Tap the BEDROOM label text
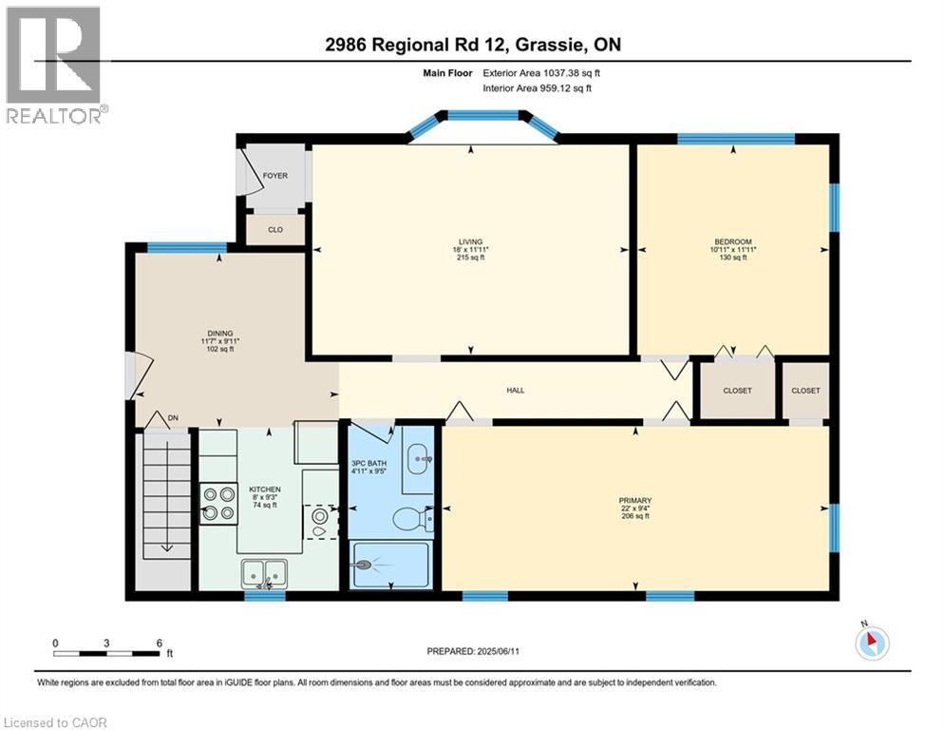point(732,242)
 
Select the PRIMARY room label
point(634,500)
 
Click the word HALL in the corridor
point(516,390)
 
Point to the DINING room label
point(220,333)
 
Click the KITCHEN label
point(252,490)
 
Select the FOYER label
point(275,176)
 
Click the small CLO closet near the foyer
point(275,229)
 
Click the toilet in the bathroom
point(411,518)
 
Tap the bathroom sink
point(419,460)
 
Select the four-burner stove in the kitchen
point(218,504)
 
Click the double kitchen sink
point(264,572)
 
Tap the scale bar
point(106,653)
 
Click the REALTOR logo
point(53,65)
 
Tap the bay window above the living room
point(482,118)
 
